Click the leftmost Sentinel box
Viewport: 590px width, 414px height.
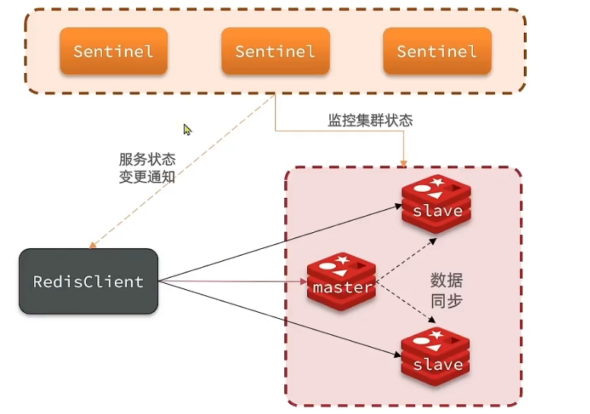pyautogui.click(x=113, y=51)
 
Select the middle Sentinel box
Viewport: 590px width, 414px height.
pyautogui.click(x=276, y=51)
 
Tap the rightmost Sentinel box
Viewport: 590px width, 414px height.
pyautogui.click(x=438, y=51)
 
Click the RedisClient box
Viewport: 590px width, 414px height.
pyautogui.click(x=88, y=281)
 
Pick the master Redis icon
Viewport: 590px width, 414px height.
pyautogui.click(x=341, y=282)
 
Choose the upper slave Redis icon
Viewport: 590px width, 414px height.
pyautogui.click(x=436, y=204)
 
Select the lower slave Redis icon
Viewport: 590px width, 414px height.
pyautogui.click(x=436, y=357)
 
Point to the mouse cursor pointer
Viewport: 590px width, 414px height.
pyautogui.click(x=187, y=129)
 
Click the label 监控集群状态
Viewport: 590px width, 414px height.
pyautogui.click(x=370, y=120)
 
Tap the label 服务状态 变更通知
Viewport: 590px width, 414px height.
pyautogui.click(x=147, y=168)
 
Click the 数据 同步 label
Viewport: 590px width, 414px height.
pyautogui.click(x=446, y=291)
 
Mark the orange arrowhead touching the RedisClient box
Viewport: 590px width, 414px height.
pyautogui.click(x=93, y=246)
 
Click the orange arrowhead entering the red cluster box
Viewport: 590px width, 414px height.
pyautogui.click(x=404, y=164)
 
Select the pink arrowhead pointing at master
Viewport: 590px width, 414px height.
pyautogui.click(x=303, y=282)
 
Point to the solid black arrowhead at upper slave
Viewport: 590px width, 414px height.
pyautogui.click(x=398, y=206)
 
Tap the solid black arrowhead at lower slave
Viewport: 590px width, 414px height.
pyautogui.click(x=398, y=354)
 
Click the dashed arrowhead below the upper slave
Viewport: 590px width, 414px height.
pyautogui.click(x=433, y=241)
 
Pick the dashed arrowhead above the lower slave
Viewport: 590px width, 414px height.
pyautogui.click(x=432, y=320)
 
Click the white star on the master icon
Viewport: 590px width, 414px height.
pyautogui.click(x=342, y=260)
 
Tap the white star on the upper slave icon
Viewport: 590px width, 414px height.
pyautogui.click(x=437, y=182)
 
